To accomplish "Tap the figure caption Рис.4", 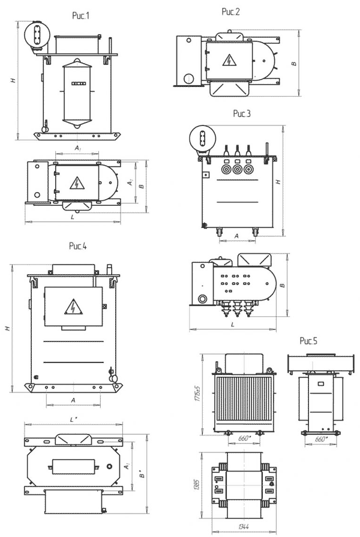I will click(79, 245).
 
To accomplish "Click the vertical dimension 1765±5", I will click(204, 394).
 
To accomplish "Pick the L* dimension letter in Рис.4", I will click(72, 419).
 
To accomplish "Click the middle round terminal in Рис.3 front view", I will click(237, 170).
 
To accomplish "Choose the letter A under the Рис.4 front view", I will click(73, 400).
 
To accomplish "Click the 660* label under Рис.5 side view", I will click(321, 440).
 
